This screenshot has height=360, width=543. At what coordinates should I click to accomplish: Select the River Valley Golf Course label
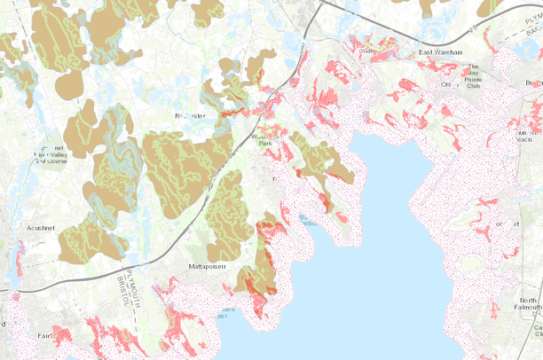[x=49, y=154]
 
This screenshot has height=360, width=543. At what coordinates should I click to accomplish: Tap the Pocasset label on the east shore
[x=508, y=224]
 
